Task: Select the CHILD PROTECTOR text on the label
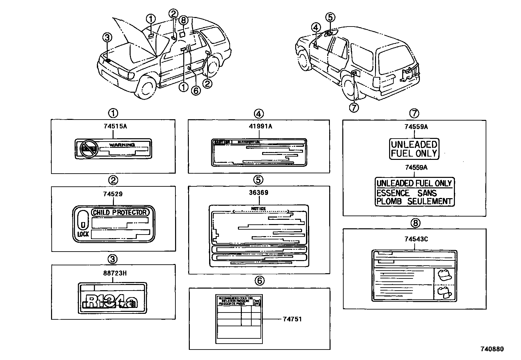tap(120, 212)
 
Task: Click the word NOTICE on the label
tap(258, 209)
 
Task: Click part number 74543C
tap(416, 239)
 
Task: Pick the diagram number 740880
tap(492, 349)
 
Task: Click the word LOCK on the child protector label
tap(83, 234)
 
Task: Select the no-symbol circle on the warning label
tap(89, 149)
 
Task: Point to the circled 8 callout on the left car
tap(183, 20)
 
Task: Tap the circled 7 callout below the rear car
tap(354, 107)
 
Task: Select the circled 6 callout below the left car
tap(195, 90)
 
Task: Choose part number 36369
tap(259, 193)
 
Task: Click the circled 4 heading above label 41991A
tap(259, 114)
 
